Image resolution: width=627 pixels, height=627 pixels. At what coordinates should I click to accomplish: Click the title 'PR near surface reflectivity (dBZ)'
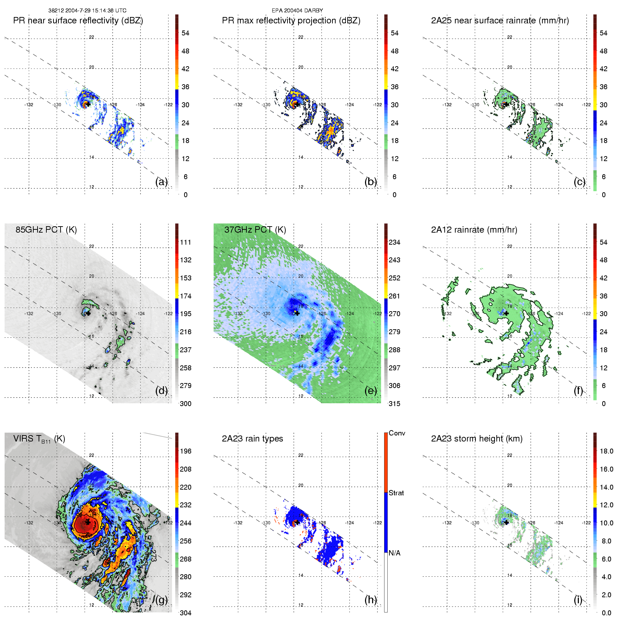pos(78,21)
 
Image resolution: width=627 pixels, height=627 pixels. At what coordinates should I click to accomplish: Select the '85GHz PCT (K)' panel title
pos(46,229)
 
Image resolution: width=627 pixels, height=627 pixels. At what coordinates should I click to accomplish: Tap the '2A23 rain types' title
pos(252,439)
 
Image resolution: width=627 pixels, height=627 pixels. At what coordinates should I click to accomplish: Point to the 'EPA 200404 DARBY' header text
pos(297,10)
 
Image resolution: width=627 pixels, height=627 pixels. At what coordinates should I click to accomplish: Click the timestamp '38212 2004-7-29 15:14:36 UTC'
pos(87,10)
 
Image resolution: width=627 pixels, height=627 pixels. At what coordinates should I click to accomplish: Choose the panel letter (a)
pos(161,182)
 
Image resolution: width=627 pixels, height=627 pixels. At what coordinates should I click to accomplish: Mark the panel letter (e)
pos(371,391)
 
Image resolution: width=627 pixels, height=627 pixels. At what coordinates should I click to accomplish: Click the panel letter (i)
pos(578,600)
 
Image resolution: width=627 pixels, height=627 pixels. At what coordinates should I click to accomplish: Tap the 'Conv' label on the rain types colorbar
pos(397,433)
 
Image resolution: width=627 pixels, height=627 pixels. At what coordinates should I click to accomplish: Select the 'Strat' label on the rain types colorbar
pos(396,493)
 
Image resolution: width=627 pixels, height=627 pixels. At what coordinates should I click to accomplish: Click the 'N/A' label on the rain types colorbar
pos(394,553)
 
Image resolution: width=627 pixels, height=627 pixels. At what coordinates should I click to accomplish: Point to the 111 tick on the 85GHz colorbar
pos(186,242)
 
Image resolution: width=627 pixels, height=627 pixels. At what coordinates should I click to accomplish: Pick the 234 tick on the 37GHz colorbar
pos(394,242)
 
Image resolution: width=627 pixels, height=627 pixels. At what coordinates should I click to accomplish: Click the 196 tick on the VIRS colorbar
pos(186,451)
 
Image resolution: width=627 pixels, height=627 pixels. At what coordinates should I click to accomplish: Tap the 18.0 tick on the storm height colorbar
pos(606,451)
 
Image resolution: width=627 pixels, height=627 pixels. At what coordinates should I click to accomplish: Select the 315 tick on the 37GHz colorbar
pos(394,404)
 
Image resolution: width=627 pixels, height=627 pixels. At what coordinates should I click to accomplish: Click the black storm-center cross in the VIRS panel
pos(87,522)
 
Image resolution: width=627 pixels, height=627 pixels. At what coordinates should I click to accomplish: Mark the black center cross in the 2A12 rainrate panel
pos(506,313)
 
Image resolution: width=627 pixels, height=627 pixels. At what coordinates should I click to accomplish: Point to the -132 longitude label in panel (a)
pos(29,104)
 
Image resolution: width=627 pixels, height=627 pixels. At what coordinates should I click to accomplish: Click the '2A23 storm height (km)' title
pos(477,439)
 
